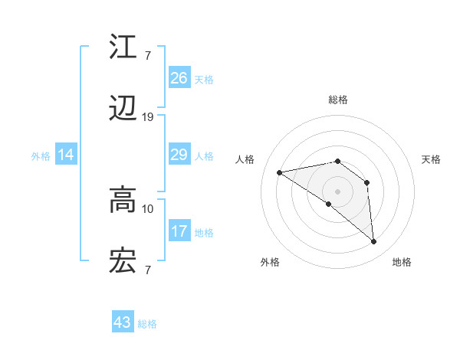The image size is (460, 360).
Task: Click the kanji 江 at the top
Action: click(x=123, y=47)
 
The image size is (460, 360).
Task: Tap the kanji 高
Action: click(x=123, y=201)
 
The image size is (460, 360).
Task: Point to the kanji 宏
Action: click(x=123, y=262)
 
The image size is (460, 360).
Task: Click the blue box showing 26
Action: click(x=179, y=78)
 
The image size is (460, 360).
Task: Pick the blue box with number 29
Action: click(x=179, y=155)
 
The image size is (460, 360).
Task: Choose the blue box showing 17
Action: click(x=179, y=231)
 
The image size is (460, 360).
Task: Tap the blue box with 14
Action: click(x=66, y=155)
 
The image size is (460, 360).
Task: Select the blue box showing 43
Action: click(x=123, y=322)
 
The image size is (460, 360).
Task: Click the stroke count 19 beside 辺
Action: click(x=148, y=117)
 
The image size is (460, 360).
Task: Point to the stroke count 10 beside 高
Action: click(x=148, y=208)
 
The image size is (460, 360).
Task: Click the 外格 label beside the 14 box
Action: click(x=41, y=156)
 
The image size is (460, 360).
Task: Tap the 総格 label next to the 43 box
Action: click(x=147, y=324)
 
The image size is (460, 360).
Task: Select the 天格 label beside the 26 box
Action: click(x=204, y=80)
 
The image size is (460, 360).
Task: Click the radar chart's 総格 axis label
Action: click(x=338, y=100)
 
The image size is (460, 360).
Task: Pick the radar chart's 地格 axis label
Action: click(x=402, y=262)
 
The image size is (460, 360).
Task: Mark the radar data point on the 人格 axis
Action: click(x=280, y=172)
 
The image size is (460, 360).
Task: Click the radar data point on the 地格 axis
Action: click(x=374, y=242)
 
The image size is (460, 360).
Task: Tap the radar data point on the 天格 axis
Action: click(x=367, y=182)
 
